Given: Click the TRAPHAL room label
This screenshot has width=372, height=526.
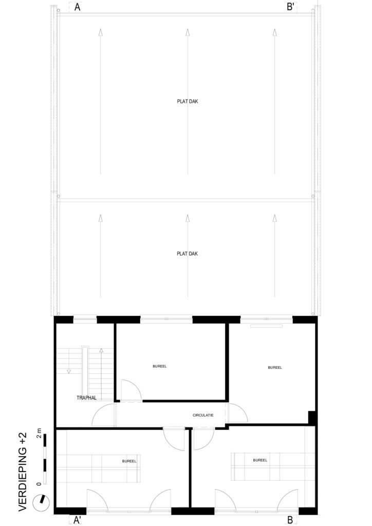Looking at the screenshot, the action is point(86,398).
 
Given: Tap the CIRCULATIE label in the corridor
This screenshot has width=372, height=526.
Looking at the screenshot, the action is point(203,415).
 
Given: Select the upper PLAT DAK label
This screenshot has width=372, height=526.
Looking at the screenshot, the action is point(188,101).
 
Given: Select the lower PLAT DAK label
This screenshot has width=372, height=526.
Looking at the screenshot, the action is point(187,254).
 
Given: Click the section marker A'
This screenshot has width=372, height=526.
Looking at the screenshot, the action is point(78,520).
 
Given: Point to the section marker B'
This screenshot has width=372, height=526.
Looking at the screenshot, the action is point(290,7).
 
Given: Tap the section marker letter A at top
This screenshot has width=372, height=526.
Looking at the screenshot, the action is point(77,7).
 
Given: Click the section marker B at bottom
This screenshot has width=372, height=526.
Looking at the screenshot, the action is point(290,520).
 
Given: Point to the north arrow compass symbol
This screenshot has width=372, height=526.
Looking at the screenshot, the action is point(41,502).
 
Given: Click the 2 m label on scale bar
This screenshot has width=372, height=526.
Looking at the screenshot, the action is point(39,433).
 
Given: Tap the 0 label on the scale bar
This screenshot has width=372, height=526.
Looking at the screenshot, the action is point(39,483).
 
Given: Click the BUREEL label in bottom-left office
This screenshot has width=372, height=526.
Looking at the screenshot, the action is point(129,461).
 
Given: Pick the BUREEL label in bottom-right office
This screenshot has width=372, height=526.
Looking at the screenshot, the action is point(260,460).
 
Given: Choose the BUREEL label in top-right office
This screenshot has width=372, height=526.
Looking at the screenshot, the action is point(275,368).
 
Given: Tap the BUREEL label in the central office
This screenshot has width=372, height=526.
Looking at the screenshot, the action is point(160,366).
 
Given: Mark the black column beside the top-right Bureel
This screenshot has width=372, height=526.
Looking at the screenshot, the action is point(312,417).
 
